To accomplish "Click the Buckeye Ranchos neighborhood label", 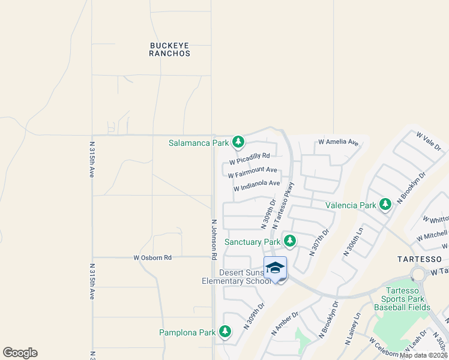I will pos(170,49).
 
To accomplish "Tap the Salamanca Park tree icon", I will pos(239,142).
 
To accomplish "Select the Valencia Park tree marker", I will pos(385,205).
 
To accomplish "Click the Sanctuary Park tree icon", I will pos(290,241).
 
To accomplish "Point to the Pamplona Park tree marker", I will pos(225,332).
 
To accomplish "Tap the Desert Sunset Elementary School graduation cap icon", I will pos(275,268).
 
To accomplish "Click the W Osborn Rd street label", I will pos(152,257).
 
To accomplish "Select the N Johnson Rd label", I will pos(213,239).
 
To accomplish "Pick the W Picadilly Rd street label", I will pos(250,160).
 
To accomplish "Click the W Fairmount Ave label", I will pos(252,172).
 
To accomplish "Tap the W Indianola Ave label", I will pos(257,185).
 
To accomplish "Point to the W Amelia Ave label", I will pos(338,142).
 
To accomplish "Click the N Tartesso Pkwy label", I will pos(284,205).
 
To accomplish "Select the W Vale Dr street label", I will pos(429,142).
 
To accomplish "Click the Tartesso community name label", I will pos(420,259).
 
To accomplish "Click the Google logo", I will pos(20,353).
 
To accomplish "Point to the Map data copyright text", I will pos(423,355).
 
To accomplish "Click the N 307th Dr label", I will pos(319,242).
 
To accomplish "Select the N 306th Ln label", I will pos(353,242).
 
